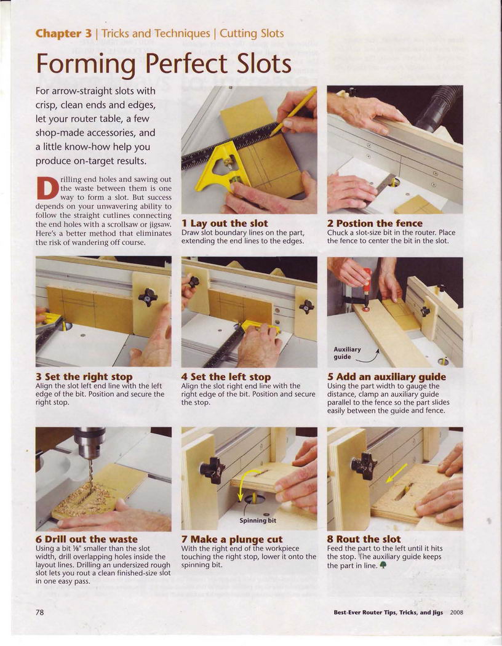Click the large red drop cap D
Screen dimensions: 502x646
[x=47, y=188]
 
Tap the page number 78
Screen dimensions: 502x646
[x=39, y=612]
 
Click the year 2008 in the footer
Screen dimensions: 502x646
[x=456, y=613]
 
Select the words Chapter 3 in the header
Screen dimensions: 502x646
[x=63, y=33]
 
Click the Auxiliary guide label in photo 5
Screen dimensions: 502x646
[x=347, y=353]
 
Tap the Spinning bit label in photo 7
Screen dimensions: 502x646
[x=258, y=520]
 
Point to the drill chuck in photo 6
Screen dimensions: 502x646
[x=89, y=443]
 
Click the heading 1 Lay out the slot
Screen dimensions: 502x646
[x=225, y=223]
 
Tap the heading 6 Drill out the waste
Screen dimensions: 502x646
[x=87, y=539]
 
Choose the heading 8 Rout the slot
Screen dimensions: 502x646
[x=364, y=539]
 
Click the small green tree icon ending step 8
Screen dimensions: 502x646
[x=383, y=565]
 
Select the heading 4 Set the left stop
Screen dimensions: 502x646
[x=226, y=377]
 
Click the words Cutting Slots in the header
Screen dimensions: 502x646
[x=252, y=33]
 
